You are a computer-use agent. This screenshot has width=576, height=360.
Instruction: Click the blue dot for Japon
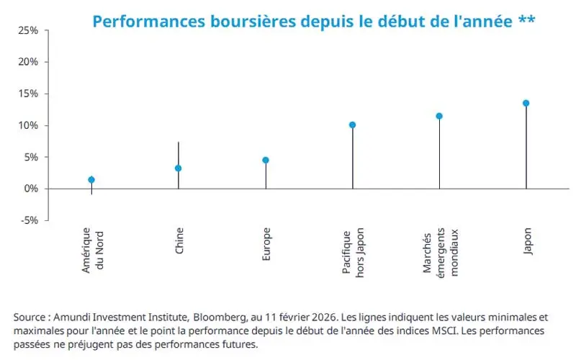[526, 103]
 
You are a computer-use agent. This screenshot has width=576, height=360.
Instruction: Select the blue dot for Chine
[179, 168]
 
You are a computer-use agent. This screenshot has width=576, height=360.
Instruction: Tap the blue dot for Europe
[266, 160]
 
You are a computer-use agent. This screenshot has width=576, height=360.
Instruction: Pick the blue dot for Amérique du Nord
[91, 180]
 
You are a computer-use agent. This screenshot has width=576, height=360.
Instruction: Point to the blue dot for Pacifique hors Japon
[353, 125]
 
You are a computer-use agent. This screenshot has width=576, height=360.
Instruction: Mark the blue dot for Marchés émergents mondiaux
[439, 116]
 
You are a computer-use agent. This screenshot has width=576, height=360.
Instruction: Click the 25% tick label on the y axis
[28, 30]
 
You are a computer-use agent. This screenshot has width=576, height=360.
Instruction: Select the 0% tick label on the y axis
[31, 189]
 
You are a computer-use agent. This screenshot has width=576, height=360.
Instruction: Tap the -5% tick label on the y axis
[30, 220]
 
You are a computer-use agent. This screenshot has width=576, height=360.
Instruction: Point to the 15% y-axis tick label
[28, 94]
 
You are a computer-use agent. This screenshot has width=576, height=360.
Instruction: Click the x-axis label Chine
[179, 240]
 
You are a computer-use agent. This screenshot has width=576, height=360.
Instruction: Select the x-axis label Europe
[266, 243]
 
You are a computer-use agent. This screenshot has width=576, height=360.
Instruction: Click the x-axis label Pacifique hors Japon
[353, 252]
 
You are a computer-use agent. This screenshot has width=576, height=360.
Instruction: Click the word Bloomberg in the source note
[245, 317]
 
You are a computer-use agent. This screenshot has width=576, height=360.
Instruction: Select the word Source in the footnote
[30, 317]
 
